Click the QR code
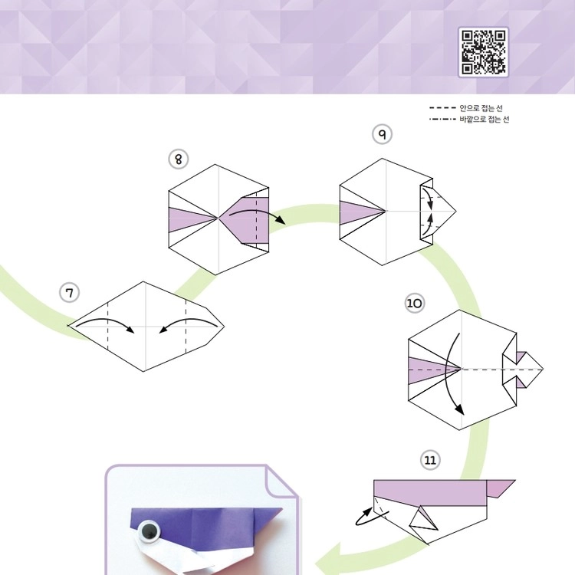click(x=483, y=52)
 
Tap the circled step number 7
click(x=69, y=293)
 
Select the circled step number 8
click(x=178, y=159)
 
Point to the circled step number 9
click(x=382, y=134)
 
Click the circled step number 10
click(x=415, y=304)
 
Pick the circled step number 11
click(x=430, y=460)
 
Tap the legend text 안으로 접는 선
click(x=481, y=108)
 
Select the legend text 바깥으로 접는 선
click(x=485, y=119)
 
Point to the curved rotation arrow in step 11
click(x=370, y=517)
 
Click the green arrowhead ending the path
click(x=327, y=558)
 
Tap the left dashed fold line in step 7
click(x=108, y=327)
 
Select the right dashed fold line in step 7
click(x=186, y=327)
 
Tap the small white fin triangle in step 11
click(x=422, y=518)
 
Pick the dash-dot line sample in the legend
click(x=442, y=119)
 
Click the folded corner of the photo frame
click(x=281, y=481)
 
